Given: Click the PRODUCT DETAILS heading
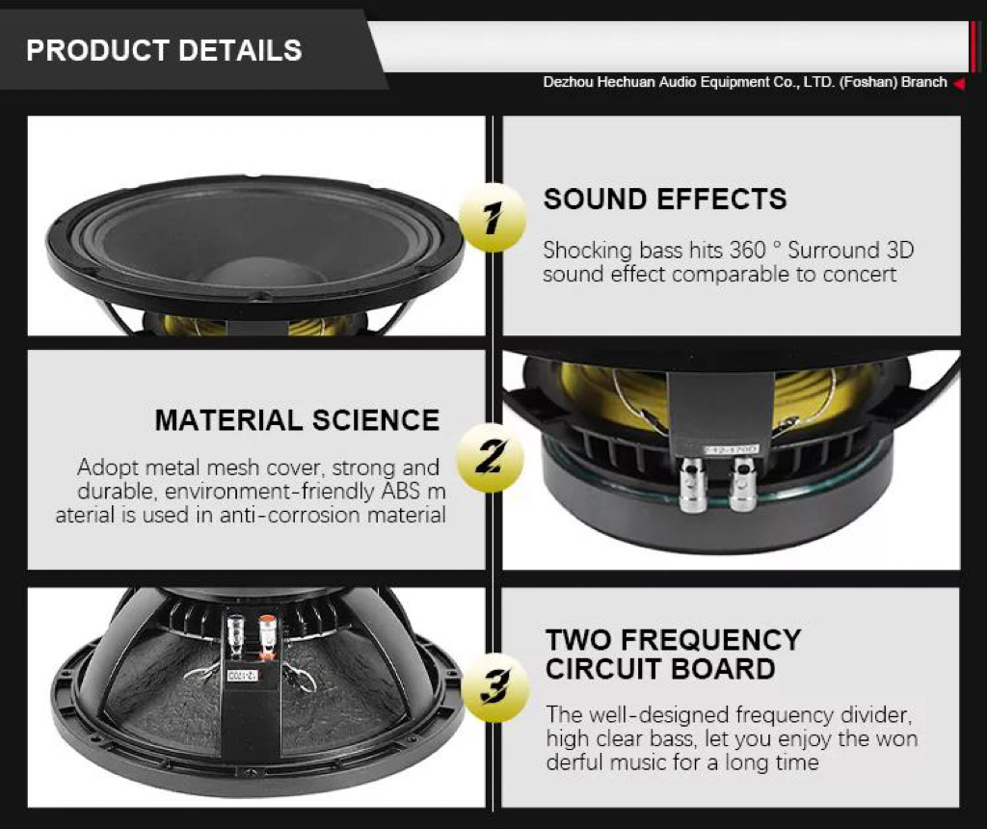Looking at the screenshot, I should tap(164, 50).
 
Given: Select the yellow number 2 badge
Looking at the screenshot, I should tap(490, 453).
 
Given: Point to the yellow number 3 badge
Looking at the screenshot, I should tap(494, 687).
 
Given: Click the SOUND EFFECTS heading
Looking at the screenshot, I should tap(665, 200).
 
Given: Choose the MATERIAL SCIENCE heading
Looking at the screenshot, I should tap(297, 420).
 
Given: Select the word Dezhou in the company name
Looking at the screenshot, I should tap(568, 83).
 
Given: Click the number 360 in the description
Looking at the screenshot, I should tap(748, 251).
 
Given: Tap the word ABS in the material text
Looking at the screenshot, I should tap(402, 492).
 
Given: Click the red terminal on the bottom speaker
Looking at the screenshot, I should tap(267, 635).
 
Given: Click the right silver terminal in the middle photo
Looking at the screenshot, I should tap(741, 483).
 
